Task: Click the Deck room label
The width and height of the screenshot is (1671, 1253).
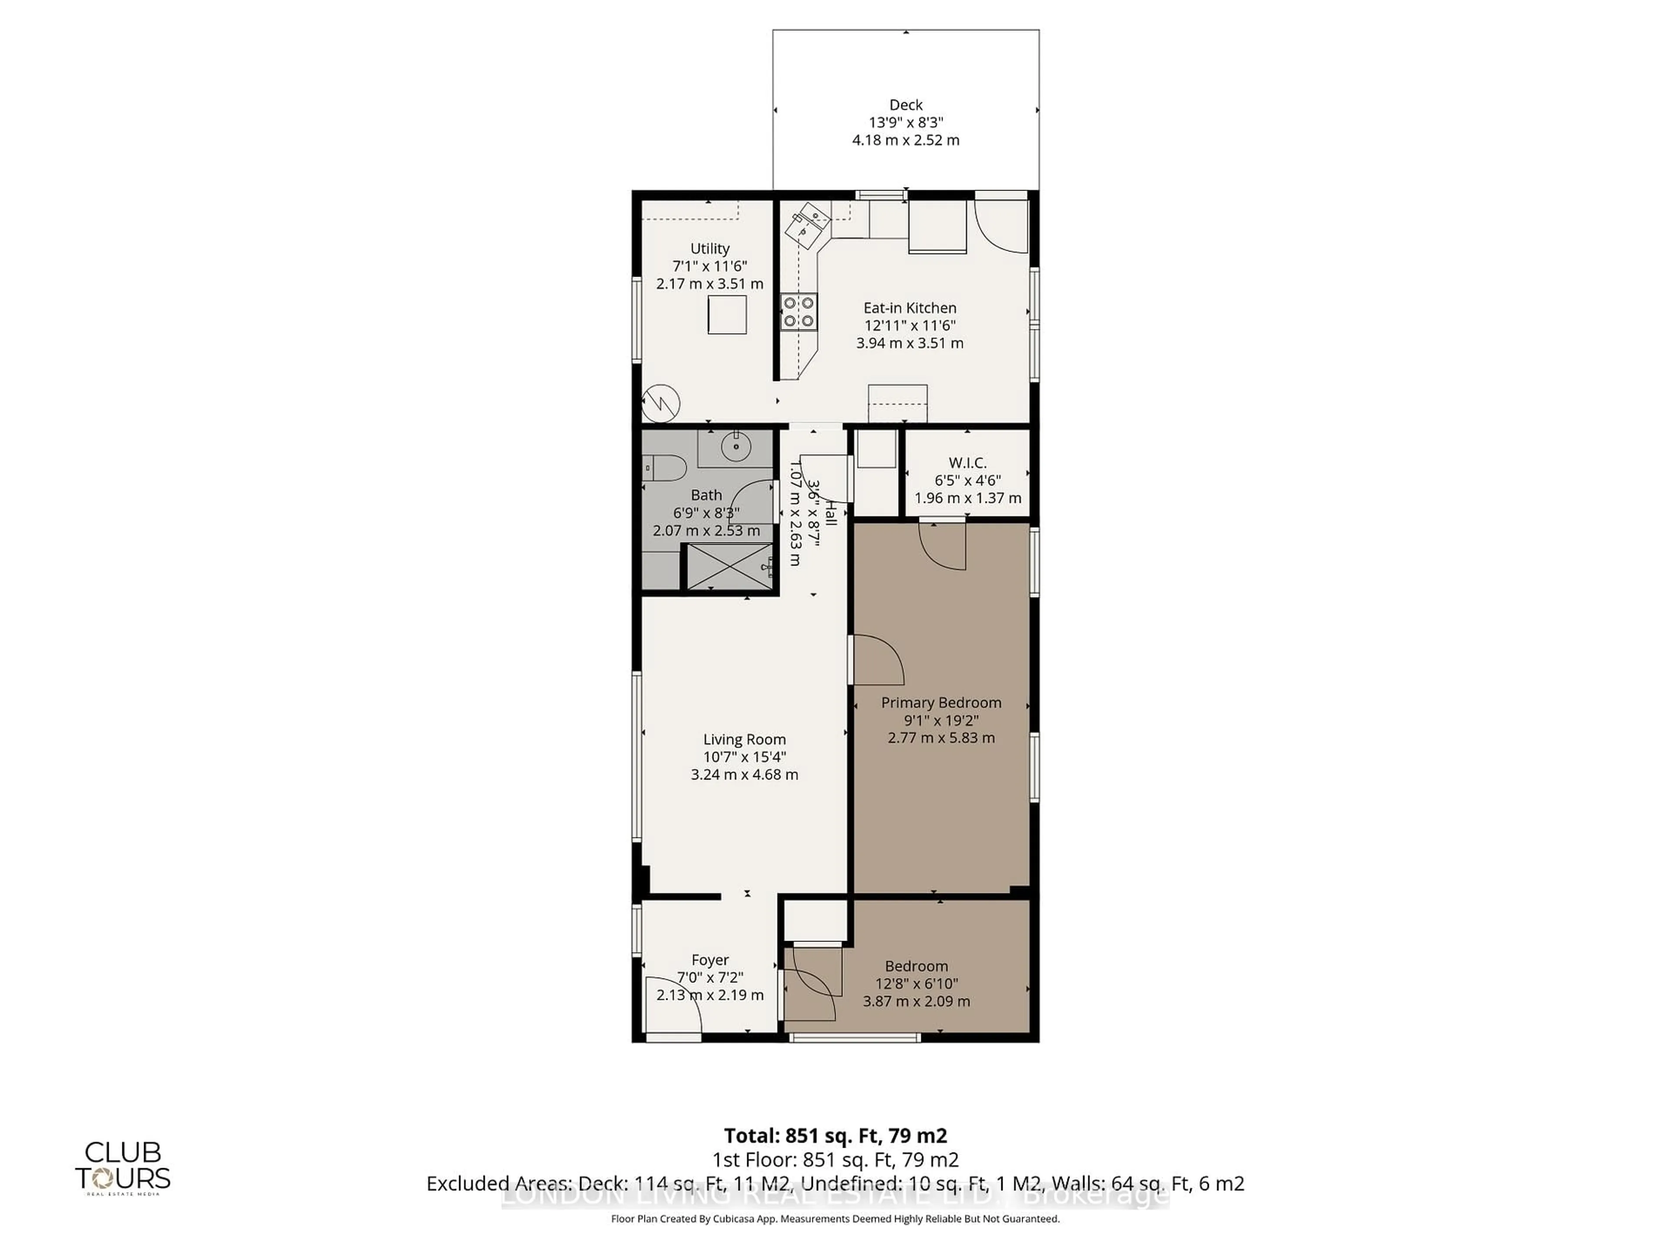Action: click(906, 105)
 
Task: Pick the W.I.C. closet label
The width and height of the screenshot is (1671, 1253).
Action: click(968, 463)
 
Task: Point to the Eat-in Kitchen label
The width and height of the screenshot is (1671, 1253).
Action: click(909, 308)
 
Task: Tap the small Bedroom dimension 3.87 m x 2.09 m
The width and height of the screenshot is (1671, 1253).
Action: click(916, 1002)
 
